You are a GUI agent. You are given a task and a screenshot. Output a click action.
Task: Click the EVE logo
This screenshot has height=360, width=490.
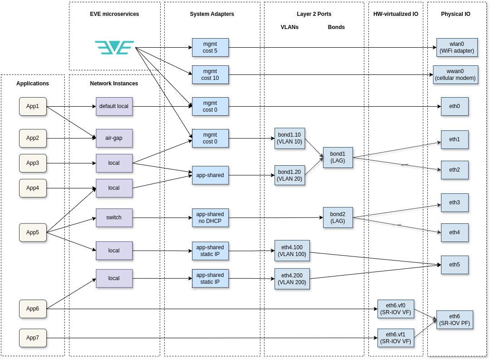[x=114, y=48]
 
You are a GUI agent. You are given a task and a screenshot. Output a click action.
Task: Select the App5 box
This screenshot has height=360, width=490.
[x=33, y=232]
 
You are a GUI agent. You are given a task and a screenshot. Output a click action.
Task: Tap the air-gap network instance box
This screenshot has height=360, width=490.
[x=114, y=138]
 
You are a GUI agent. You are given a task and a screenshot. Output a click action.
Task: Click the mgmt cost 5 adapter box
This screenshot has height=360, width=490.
[x=211, y=48]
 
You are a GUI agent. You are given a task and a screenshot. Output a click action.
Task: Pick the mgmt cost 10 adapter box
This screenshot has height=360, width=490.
[x=211, y=75]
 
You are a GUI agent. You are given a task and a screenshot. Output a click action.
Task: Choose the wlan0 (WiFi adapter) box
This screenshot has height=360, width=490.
[x=457, y=48]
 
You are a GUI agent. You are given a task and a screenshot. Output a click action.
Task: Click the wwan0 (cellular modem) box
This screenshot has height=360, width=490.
[x=456, y=75]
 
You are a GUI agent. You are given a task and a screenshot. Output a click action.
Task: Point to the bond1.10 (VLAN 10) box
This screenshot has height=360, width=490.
[x=289, y=138]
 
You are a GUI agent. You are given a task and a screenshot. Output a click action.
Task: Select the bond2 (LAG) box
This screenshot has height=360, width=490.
[x=338, y=217]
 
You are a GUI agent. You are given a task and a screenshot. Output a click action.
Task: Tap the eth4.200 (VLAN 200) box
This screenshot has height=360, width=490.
[x=292, y=279]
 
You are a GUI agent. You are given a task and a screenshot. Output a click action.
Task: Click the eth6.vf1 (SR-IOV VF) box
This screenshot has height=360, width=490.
[x=396, y=338]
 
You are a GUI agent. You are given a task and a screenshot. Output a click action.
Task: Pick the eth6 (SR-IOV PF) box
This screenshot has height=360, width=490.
[x=455, y=320]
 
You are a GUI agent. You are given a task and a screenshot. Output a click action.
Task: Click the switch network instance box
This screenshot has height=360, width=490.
[x=114, y=218]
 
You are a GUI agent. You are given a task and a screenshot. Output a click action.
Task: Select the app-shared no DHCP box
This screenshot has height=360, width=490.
[x=211, y=218]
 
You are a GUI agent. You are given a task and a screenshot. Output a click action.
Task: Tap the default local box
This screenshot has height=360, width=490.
[x=114, y=106]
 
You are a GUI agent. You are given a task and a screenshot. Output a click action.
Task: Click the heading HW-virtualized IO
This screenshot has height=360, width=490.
[x=396, y=14]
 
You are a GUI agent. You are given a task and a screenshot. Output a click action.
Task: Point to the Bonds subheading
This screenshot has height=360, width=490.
[x=336, y=27]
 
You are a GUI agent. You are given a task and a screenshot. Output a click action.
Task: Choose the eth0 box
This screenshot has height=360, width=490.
[x=455, y=106]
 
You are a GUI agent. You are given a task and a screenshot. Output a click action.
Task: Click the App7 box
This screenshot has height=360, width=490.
[x=33, y=338]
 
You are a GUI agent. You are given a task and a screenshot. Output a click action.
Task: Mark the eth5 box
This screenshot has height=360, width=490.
[x=455, y=265]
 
